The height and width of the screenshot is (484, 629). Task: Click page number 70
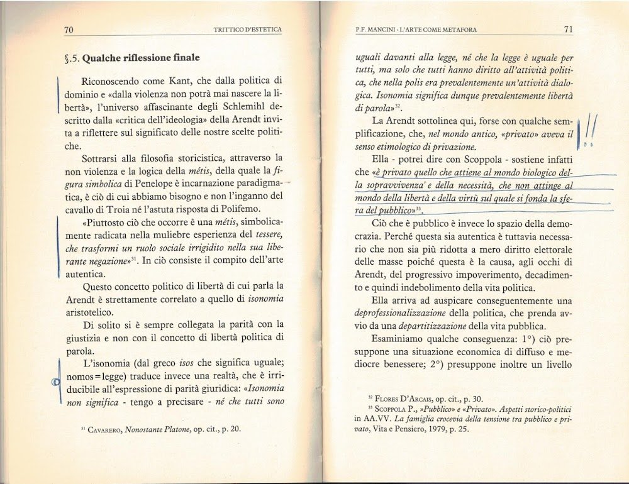point(69,30)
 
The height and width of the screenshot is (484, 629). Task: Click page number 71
point(568,29)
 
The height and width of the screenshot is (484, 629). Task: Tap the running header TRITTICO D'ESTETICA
point(247,30)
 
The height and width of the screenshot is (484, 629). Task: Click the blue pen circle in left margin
point(56,382)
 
